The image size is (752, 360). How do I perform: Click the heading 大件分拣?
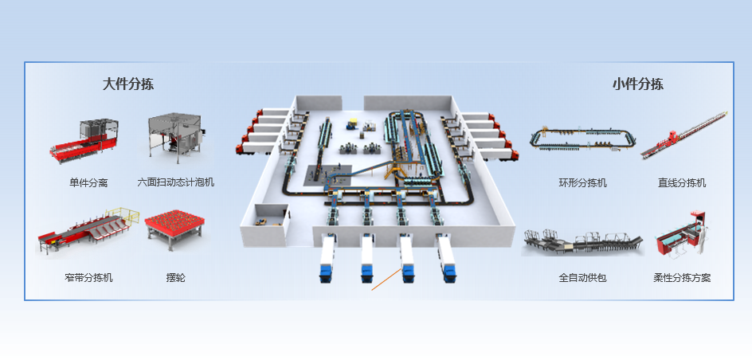pyautogui.click(x=127, y=84)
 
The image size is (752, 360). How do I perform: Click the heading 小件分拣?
pyautogui.click(x=637, y=84)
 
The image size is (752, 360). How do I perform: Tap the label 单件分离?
pyautogui.click(x=88, y=182)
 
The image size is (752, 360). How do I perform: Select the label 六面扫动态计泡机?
pyautogui.click(x=176, y=182)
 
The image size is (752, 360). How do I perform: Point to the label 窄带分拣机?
pyautogui.click(x=88, y=278)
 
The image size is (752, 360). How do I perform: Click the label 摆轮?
pyautogui.click(x=176, y=278)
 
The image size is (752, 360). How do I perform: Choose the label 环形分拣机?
pyautogui.click(x=583, y=182)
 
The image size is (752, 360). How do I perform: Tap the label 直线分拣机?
pyautogui.click(x=682, y=182)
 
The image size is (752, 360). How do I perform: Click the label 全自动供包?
pyautogui.click(x=583, y=278)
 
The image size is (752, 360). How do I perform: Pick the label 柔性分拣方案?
pyautogui.click(x=682, y=278)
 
